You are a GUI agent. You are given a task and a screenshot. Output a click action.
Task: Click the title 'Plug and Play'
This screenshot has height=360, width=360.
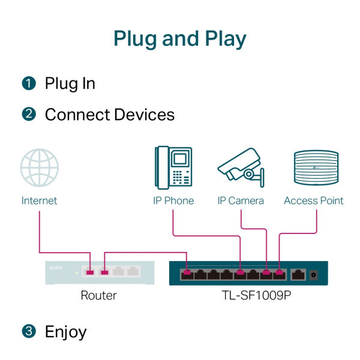tap(180, 38)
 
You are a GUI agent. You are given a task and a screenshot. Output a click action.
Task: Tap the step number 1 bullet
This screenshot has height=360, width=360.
tap(29, 83)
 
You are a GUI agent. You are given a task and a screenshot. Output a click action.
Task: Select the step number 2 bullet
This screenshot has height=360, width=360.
tap(29, 115)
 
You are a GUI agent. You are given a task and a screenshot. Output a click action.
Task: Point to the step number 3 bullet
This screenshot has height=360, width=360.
tap(29, 332)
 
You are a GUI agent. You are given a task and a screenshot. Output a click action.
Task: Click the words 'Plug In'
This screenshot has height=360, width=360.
tap(70, 83)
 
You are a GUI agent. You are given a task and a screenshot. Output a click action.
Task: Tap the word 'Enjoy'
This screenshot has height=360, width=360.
tap(66, 332)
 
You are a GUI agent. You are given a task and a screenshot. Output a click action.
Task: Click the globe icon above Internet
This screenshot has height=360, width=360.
tap(39, 169)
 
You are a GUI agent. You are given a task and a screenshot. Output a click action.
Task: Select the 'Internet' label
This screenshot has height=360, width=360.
tap(39, 200)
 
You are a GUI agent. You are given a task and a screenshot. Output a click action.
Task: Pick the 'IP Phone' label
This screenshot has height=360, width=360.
tap(173, 200)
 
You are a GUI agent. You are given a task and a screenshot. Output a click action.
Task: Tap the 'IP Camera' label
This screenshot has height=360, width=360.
tap(240, 200)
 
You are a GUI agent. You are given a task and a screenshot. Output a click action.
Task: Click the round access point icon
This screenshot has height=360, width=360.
tap(314, 169)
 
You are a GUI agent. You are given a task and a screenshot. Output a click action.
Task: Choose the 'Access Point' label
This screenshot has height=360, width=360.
tap(314, 200)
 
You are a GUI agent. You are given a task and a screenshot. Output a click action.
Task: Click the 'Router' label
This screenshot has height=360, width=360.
tap(98, 295)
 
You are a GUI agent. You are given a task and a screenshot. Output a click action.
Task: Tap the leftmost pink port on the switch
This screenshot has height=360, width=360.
tap(187, 275)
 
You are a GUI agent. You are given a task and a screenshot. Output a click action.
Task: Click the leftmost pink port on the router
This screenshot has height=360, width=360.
tap(90, 273)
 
